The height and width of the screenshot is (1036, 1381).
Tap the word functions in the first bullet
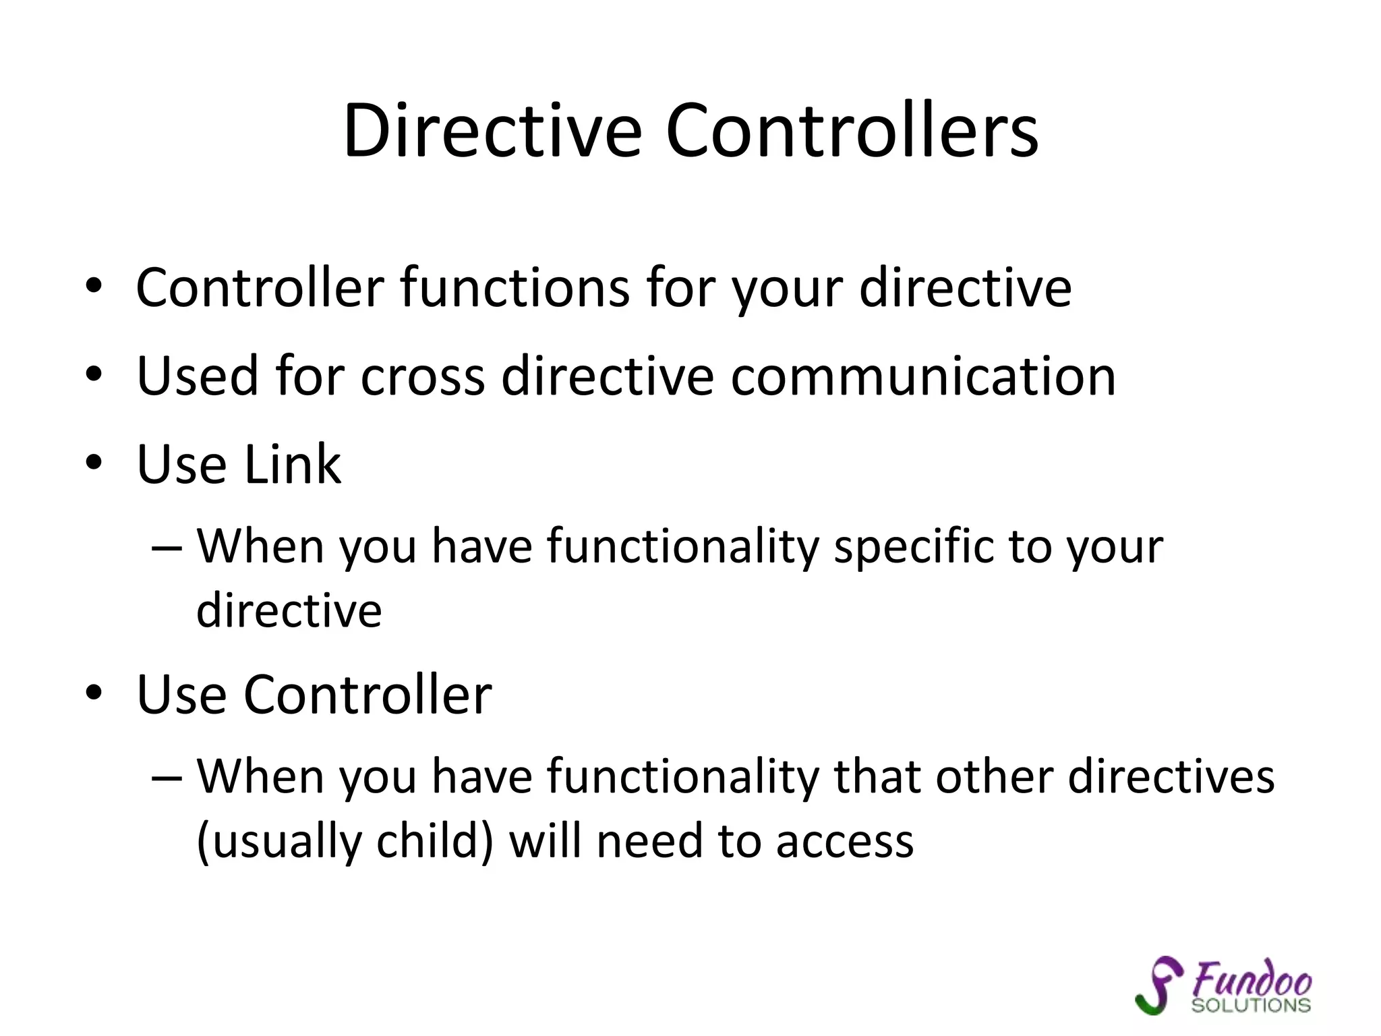tap(516, 288)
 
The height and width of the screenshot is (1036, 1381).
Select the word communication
tap(923, 376)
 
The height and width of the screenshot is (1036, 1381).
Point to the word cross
tap(423, 376)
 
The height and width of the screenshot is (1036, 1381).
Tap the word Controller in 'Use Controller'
tap(368, 694)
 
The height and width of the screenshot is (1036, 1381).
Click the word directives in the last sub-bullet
tap(1171, 776)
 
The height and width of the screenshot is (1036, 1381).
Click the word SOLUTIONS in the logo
tap(1251, 1006)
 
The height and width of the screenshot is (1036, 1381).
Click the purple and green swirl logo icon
tap(1158, 985)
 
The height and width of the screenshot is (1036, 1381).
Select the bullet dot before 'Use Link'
tap(94, 463)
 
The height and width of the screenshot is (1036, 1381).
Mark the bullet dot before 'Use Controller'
tap(94, 693)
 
